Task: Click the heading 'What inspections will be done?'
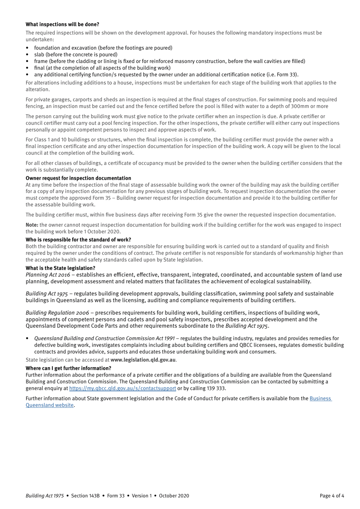pyautogui.click(x=62, y=24)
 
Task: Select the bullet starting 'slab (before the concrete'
pyautogui.click(x=75, y=55)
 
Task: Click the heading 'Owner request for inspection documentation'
pyautogui.click(x=78, y=178)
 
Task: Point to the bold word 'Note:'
pyautogui.click(x=32, y=225)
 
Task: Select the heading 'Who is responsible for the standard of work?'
pyautogui.click(x=78, y=240)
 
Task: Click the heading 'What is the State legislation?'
pyautogui.click(x=60, y=268)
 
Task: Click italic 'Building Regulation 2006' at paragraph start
pyautogui.click(x=57, y=313)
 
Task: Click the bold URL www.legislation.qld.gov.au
pyautogui.click(x=143, y=360)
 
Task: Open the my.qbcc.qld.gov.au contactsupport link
pyautogui.click(x=122, y=388)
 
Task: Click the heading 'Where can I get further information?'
pyautogui.click(x=68, y=368)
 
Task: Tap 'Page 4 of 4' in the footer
pyautogui.click(x=332, y=496)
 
